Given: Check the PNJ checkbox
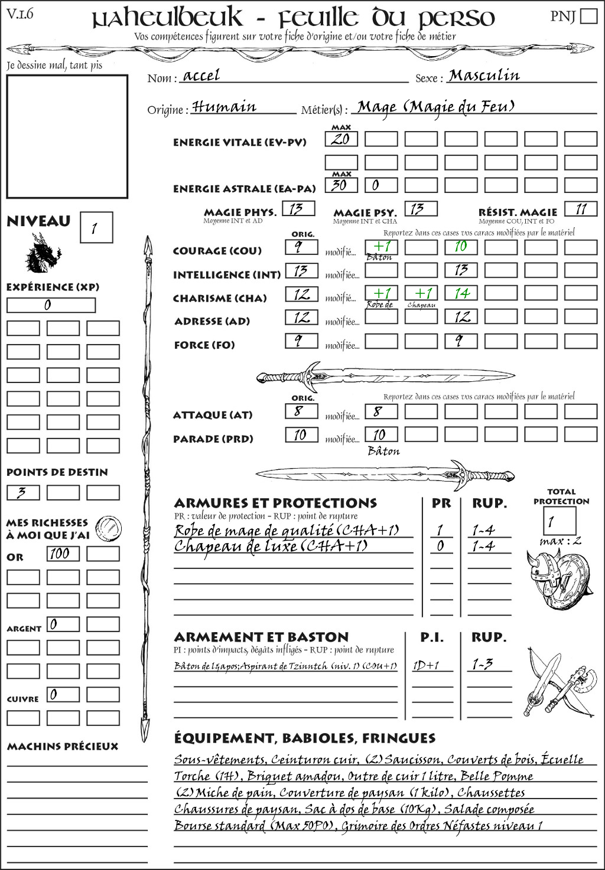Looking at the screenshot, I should (x=588, y=15).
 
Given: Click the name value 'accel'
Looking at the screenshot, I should (x=201, y=76).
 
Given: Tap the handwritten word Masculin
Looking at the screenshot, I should (x=484, y=76).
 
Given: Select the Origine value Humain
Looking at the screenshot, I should (x=225, y=107).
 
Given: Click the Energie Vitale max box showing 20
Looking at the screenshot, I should (x=341, y=139).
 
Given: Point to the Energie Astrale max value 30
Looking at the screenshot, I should (x=341, y=185).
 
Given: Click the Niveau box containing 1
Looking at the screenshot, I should (x=96, y=228).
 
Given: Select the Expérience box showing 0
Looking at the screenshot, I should (x=51, y=305).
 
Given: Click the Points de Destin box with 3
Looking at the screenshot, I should (x=23, y=493).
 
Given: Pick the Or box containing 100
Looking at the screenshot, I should (x=63, y=554).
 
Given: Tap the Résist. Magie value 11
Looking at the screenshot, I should (x=581, y=209).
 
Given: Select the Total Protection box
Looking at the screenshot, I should (x=560, y=521).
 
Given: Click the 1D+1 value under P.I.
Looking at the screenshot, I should (x=426, y=665).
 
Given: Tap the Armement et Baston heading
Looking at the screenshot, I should (x=261, y=637).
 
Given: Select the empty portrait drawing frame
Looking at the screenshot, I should (x=67, y=136).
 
